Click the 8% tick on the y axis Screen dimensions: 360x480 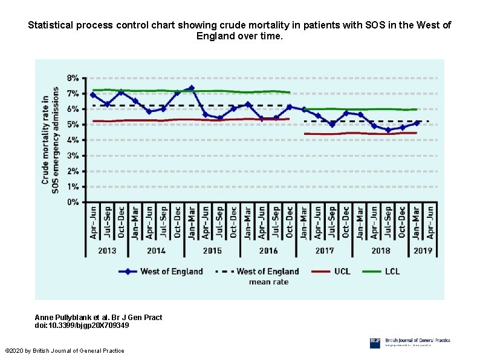tap(72, 78)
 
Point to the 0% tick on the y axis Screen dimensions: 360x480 tap(72, 203)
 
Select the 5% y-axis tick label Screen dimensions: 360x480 tap(72, 125)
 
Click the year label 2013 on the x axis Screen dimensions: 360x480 tap(107, 250)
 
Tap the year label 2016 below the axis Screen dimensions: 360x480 tap(268, 250)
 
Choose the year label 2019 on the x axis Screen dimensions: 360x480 tap(423, 250)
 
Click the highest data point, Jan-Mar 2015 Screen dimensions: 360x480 tap(191, 88)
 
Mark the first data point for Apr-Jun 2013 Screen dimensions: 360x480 tap(93, 95)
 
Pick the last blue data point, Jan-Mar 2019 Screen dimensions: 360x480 tap(417, 123)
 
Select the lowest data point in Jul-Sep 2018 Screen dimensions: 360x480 tap(388, 130)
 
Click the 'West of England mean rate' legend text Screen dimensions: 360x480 tap(268, 277)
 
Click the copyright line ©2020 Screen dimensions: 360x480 tap(64, 351)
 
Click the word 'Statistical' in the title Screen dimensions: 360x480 tap(51, 25)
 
